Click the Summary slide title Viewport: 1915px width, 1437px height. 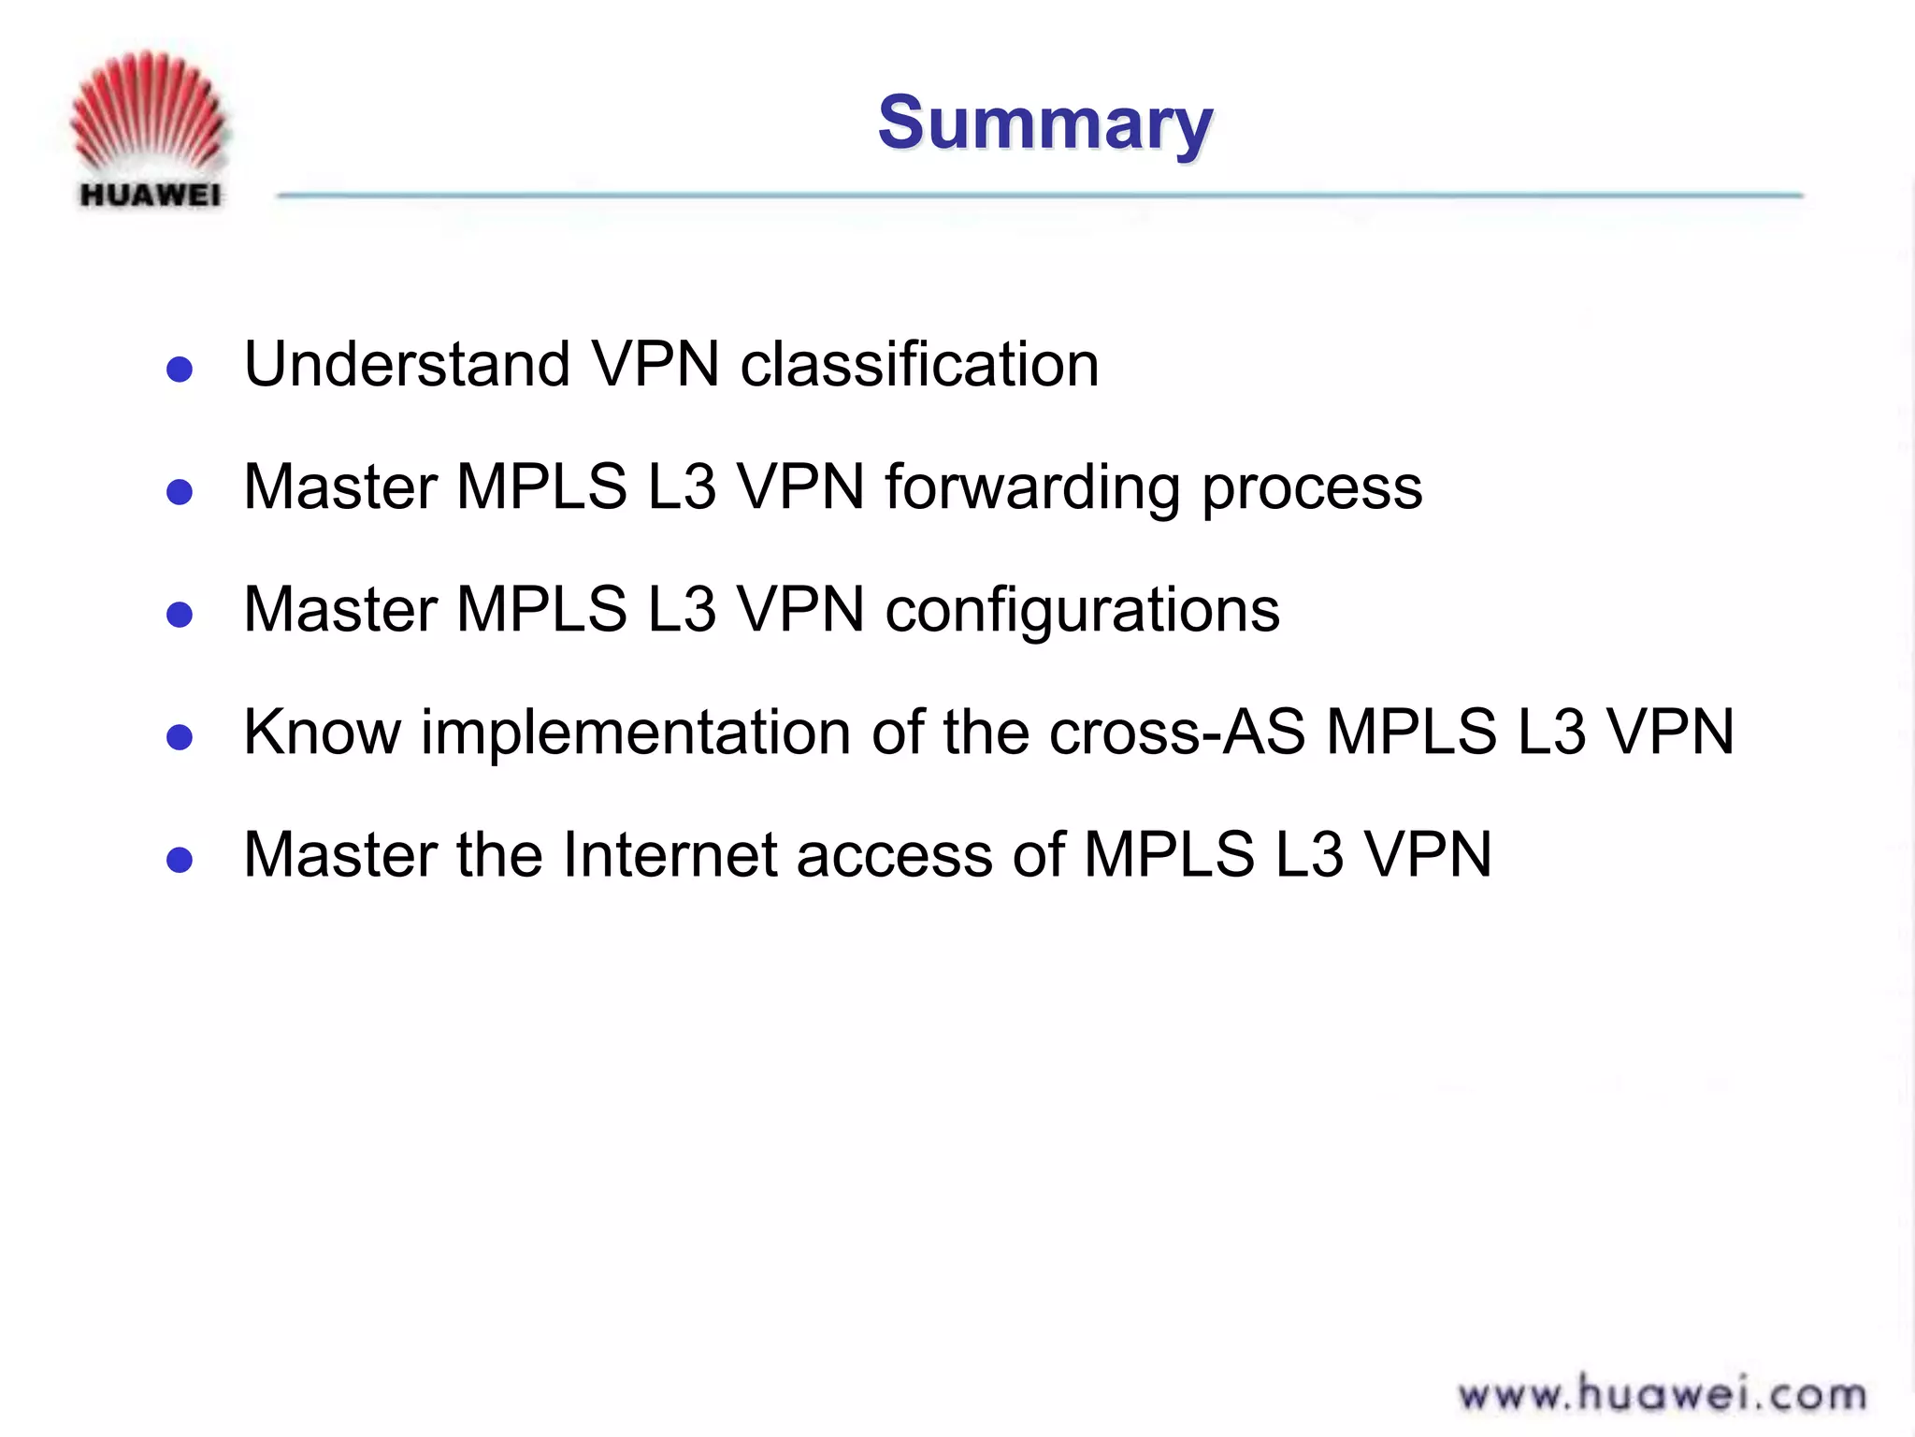tap(1044, 123)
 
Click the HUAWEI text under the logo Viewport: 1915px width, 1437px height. tap(151, 196)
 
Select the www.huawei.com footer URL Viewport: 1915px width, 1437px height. tap(1662, 1395)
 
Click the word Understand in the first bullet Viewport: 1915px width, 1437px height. tap(407, 364)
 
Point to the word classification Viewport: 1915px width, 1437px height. tap(919, 364)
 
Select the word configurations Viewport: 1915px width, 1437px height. tap(1082, 611)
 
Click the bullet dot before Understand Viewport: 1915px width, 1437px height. tap(180, 370)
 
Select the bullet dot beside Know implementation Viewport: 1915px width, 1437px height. tap(180, 737)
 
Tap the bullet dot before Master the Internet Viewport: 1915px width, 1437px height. tap(180, 860)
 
